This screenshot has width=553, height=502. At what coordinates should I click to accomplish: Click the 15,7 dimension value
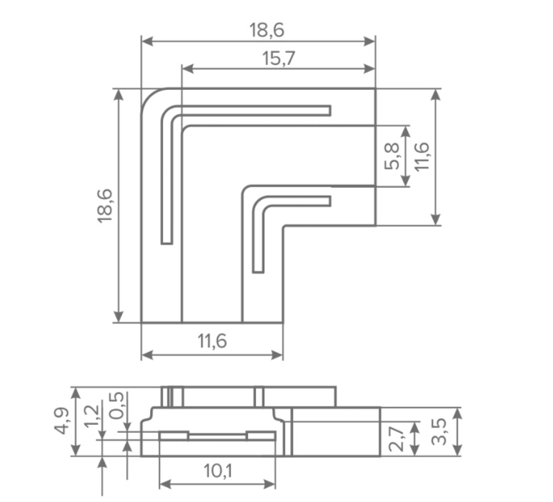pyautogui.click(x=279, y=59)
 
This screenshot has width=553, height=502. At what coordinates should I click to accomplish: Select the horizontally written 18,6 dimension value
pyautogui.click(x=266, y=30)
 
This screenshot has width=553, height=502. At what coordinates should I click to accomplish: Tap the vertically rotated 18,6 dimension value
pyautogui.click(x=105, y=206)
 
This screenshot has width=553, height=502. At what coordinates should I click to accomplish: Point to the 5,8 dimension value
pyautogui.click(x=392, y=156)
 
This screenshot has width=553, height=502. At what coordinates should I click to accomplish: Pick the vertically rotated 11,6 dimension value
pyautogui.click(x=422, y=156)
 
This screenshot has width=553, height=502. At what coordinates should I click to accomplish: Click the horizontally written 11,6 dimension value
pyautogui.click(x=212, y=341)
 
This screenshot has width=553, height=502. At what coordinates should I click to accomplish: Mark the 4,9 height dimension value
pyautogui.click(x=62, y=421)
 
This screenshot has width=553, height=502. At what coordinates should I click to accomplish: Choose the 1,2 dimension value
pyautogui.click(x=92, y=416)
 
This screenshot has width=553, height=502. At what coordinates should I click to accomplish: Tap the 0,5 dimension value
pyautogui.click(x=116, y=406)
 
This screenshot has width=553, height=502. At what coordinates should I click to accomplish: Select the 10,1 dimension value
pyautogui.click(x=218, y=471)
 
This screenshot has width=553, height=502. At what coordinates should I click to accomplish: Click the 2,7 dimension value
pyautogui.click(x=396, y=438)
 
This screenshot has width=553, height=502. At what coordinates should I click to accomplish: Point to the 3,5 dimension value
pyautogui.click(x=439, y=432)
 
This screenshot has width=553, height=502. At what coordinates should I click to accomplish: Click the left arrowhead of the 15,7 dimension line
pyautogui.click(x=188, y=69)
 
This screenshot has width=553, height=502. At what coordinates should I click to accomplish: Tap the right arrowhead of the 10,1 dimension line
pyautogui.click(x=269, y=484)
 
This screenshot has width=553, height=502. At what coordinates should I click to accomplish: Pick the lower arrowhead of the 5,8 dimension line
pyautogui.click(x=406, y=180)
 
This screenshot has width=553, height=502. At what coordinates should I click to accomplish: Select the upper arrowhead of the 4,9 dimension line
pyautogui.click(x=76, y=393)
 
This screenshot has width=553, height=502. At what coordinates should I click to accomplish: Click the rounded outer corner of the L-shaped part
pyautogui.click(x=149, y=96)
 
